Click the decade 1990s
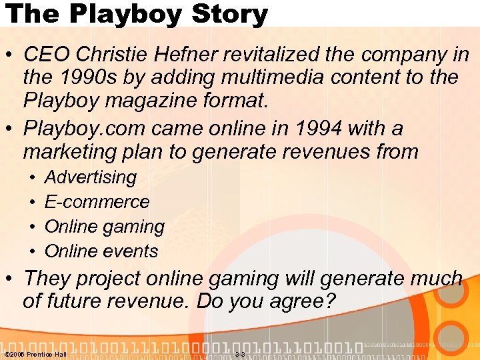tap(93, 78)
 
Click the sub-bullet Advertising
tap(90, 177)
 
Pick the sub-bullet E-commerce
tap(97, 201)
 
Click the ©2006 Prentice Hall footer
tap(35, 354)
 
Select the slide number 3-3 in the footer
tap(240, 354)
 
